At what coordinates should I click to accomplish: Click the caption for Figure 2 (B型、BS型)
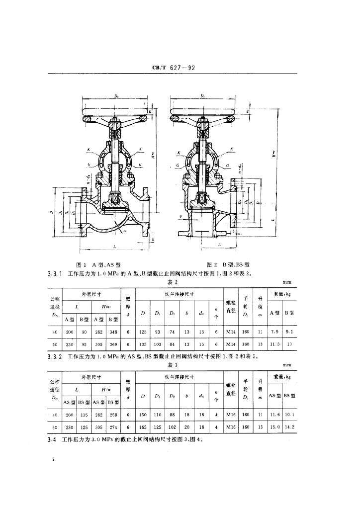coord(228,265)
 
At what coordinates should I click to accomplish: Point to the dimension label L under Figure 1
coord(115,247)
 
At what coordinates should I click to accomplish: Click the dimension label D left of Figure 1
coord(51,212)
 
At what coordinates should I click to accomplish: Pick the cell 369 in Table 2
coord(113,343)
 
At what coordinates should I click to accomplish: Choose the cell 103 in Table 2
coord(158,343)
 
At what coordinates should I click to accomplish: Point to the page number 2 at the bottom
coord(52,459)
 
